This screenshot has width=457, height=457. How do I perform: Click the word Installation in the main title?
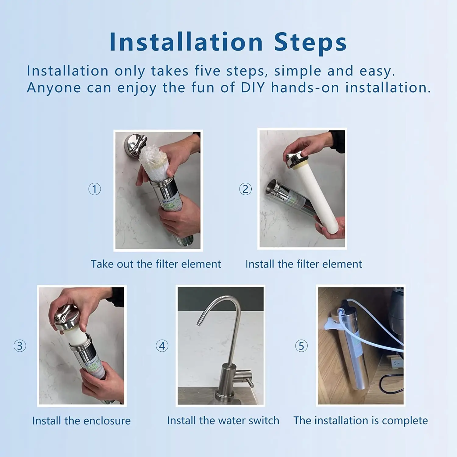point(186,42)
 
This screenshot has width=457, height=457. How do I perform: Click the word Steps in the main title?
point(310,42)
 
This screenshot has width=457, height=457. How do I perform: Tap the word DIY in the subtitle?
point(253,88)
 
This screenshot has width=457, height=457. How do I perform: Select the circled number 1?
point(94,189)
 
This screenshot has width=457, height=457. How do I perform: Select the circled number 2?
point(245,189)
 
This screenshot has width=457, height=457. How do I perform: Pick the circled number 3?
point(20,346)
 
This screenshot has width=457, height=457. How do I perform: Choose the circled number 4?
point(162,346)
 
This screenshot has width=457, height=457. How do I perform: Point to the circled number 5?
point(301,346)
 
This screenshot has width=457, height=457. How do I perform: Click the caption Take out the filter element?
point(156,264)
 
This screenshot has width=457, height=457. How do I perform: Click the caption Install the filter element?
point(304,264)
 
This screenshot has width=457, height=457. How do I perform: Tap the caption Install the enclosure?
point(81,421)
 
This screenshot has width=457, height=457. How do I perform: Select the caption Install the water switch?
point(223,420)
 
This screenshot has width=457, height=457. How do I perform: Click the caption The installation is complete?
point(360,420)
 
